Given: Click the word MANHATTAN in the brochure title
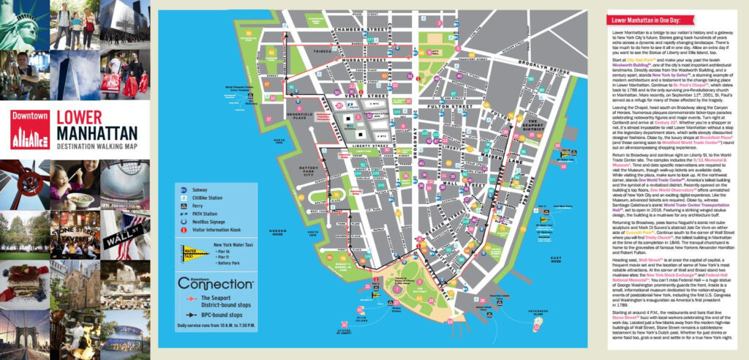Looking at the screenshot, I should [97, 133].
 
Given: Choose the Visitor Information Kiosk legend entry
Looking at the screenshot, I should [217, 228].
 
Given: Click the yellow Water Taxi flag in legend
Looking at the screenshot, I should [192, 252].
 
